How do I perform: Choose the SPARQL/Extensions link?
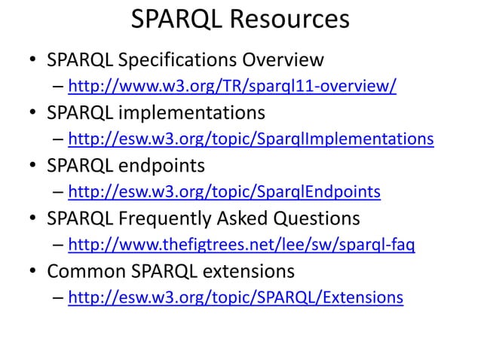point(235,298)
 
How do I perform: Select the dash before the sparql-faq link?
point(58,246)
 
